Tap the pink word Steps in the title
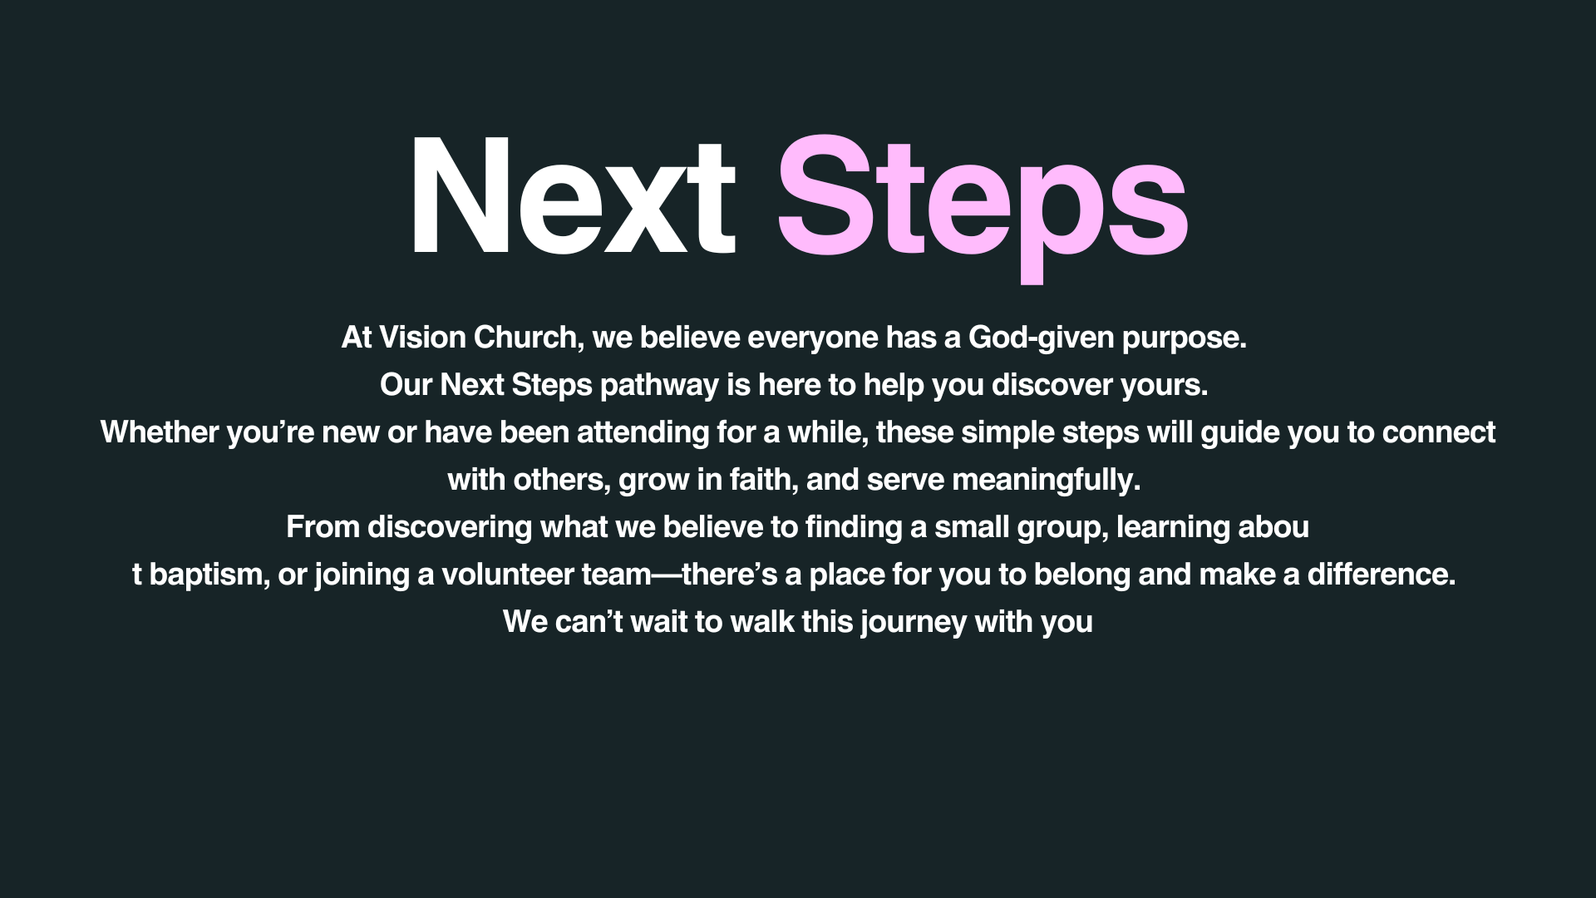(982, 208)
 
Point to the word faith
(760, 480)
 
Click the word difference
(1382, 575)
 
